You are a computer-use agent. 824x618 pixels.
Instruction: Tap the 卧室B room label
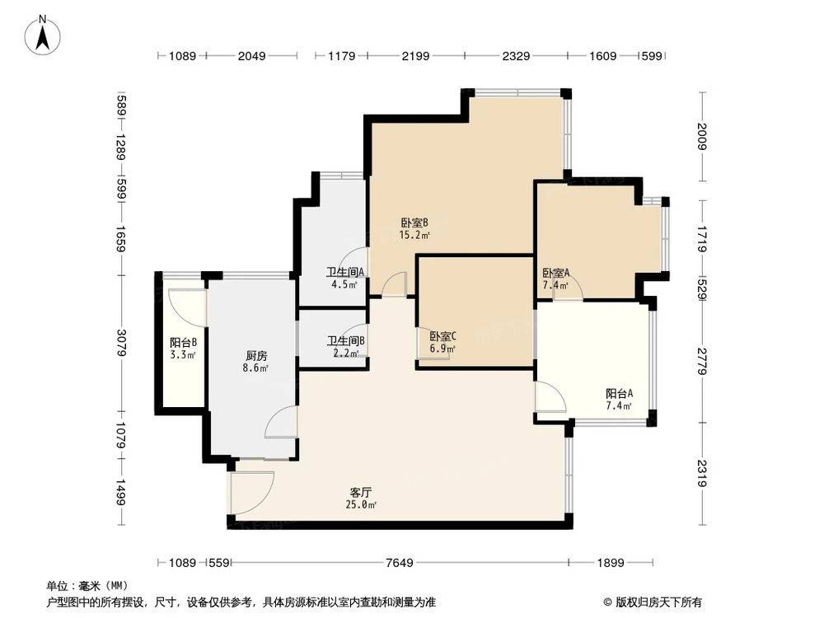click(414, 222)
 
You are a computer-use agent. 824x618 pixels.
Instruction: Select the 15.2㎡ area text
click(414, 235)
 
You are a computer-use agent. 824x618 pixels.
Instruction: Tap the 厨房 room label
click(256, 356)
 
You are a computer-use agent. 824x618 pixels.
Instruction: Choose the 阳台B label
click(183, 343)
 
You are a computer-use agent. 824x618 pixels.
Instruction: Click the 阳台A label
click(619, 394)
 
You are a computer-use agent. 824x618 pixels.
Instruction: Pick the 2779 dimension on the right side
click(701, 361)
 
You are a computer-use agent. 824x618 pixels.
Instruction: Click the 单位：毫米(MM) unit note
click(81, 586)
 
